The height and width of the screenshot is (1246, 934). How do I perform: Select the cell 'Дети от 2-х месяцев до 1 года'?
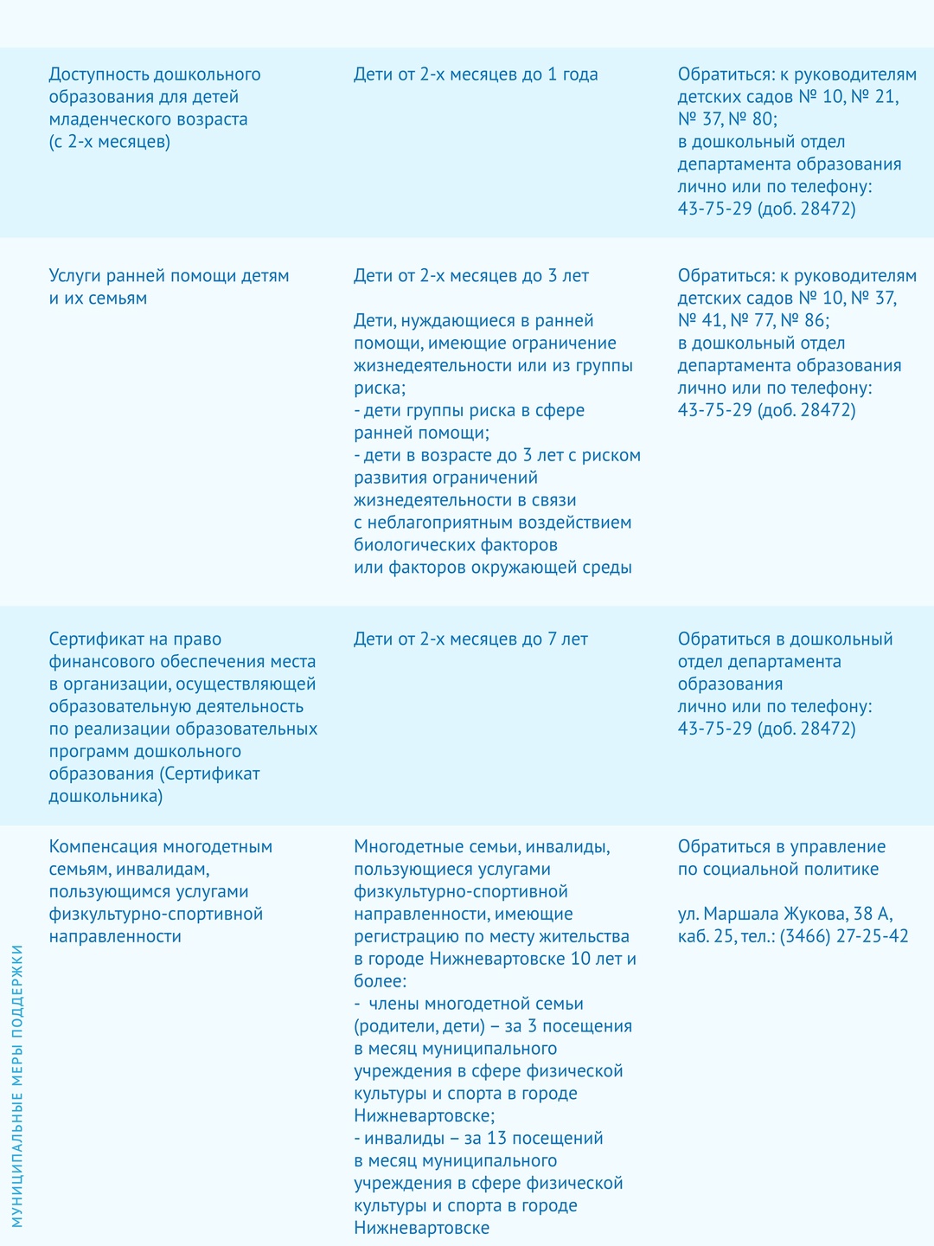click(x=476, y=74)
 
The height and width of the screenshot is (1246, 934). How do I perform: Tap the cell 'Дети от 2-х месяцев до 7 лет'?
click(x=470, y=639)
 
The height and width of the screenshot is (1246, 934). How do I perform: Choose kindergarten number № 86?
click(x=803, y=321)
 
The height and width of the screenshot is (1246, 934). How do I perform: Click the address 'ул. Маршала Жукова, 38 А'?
click(x=785, y=914)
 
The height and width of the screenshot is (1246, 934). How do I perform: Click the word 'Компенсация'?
click(x=104, y=846)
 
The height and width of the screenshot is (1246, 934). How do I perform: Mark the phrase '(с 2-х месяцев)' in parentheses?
click(x=109, y=142)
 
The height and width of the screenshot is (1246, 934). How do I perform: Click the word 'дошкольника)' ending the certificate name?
click(x=106, y=796)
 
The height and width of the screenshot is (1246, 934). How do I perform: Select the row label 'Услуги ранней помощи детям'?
click(x=169, y=276)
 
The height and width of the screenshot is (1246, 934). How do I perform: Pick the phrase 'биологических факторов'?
click(x=456, y=545)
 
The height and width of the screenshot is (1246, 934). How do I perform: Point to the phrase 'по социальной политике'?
click(x=777, y=869)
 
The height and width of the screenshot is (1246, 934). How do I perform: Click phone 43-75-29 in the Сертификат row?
click(x=714, y=729)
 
